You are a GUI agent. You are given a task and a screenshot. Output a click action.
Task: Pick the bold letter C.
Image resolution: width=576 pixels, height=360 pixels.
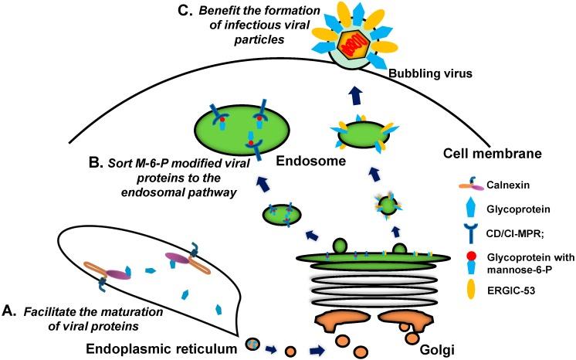pos(168,9)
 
